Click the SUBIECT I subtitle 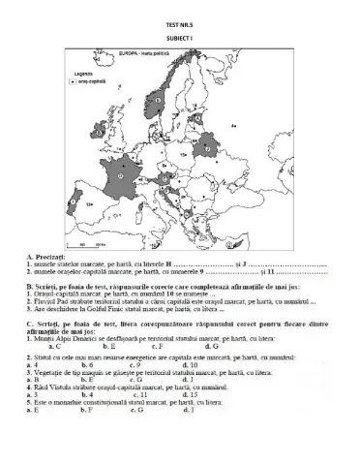pyautogui.click(x=179, y=29)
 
